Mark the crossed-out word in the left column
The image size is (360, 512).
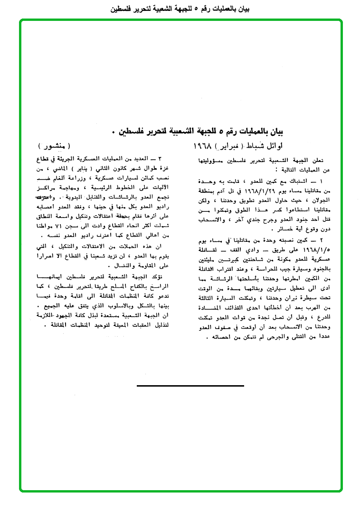45,197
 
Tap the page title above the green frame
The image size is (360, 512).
180,8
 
